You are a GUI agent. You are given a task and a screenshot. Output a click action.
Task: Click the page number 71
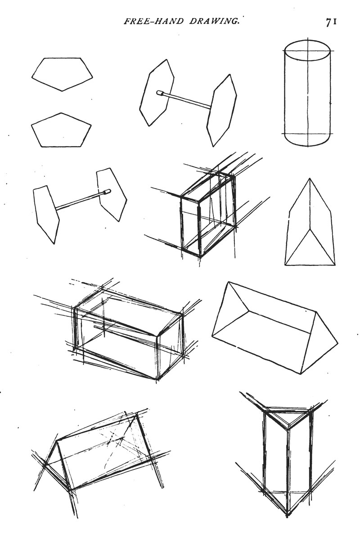(331, 22)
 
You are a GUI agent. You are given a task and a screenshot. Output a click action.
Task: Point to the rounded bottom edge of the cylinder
(307, 145)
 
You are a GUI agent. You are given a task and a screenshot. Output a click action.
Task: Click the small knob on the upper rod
(160, 93)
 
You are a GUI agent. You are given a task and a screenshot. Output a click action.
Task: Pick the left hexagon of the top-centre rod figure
(157, 92)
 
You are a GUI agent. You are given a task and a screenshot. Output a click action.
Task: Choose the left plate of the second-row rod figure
(46, 214)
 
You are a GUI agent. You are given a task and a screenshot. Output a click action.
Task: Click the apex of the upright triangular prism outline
(310, 178)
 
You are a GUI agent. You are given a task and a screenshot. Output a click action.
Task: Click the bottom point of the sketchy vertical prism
(287, 515)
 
